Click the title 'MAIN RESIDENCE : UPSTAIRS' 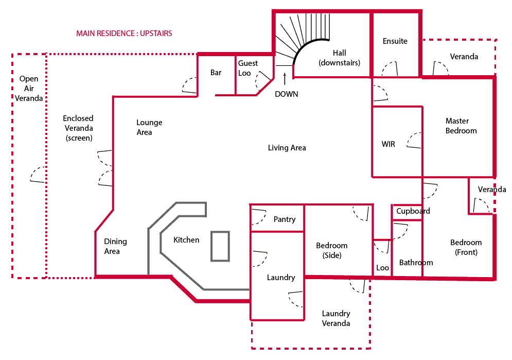124,33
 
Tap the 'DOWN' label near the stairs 286,94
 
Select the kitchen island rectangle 220,246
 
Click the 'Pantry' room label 285,219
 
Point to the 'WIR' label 389,144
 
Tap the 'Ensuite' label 395,41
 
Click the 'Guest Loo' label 248,68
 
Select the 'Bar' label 216,73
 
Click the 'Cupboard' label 413,211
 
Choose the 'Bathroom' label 416,263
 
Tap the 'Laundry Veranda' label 336,318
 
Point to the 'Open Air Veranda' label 29,88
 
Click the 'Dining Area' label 115,246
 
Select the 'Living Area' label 287,148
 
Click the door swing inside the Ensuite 390,69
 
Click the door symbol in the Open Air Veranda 37,175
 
